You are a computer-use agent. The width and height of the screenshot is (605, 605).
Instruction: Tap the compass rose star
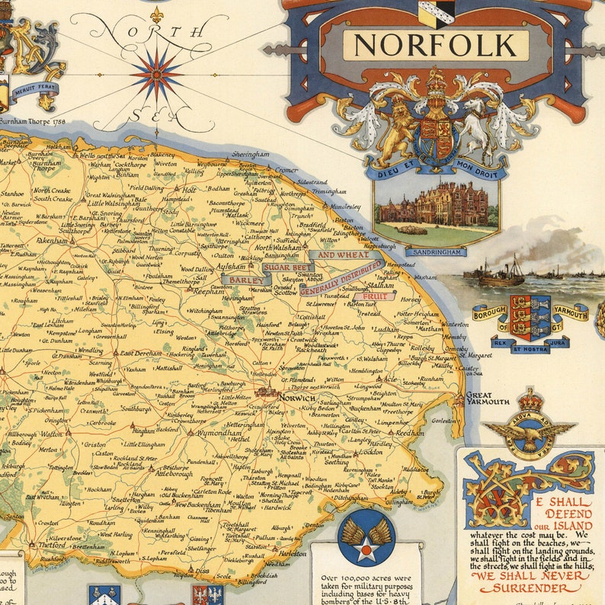pos(156,73)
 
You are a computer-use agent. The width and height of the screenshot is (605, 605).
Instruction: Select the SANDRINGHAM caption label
pos(436,251)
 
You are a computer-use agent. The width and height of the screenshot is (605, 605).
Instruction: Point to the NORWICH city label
pos(296,398)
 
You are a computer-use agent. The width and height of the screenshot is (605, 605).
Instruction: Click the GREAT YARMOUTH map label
pos(488,398)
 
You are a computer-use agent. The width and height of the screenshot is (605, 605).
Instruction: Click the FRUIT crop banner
pos(379,296)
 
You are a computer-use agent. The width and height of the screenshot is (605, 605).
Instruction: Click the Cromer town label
pos(286,170)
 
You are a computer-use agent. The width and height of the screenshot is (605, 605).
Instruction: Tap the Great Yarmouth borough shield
pos(530,316)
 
